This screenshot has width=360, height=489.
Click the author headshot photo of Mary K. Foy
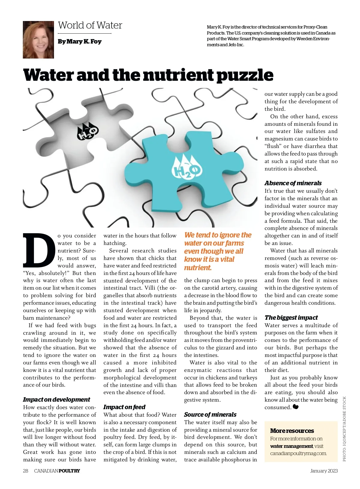pyautogui.click(x=38, y=40)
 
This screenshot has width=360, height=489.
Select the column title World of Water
pyautogui.click(x=90, y=25)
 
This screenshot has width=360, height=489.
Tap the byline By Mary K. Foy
pyautogui.click(x=79, y=41)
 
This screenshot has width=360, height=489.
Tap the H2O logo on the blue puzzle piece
pyautogui.click(x=186, y=169)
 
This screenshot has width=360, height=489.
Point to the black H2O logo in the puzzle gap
pyautogui.click(x=88, y=131)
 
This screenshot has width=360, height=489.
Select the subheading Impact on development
pyautogui.click(x=56, y=400)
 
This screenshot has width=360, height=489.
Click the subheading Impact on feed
pyautogui.click(x=124, y=407)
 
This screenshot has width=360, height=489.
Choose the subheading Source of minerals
pyautogui.click(x=210, y=415)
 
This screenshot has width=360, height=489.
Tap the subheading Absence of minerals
pyautogui.click(x=293, y=183)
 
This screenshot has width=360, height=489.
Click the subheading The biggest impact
pyautogui.click(x=291, y=318)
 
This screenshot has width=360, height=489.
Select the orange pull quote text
pyautogui.click(x=217, y=251)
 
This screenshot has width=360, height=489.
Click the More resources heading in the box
pyautogui.click(x=292, y=431)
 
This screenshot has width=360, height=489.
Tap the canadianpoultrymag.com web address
pyautogui.click(x=298, y=453)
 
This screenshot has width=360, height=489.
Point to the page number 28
pyautogui.click(x=25, y=471)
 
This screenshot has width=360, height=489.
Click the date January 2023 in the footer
pyautogui.click(x=324, y=471)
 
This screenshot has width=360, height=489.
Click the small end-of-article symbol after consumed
pyautogui.click(x=296, y=407)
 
